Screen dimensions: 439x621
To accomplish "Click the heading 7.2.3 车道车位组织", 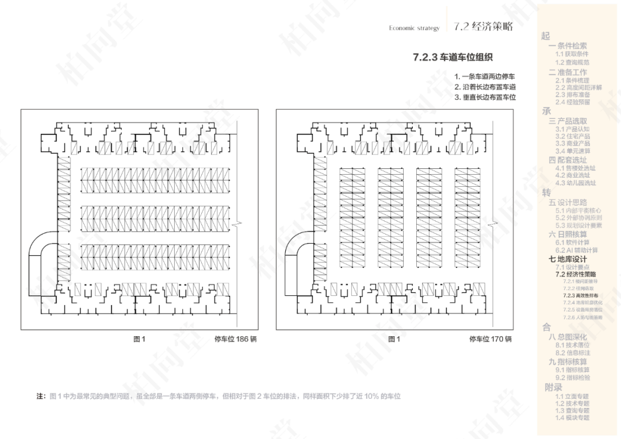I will coord(453,57).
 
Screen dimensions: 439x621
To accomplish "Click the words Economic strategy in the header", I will coord(414,28).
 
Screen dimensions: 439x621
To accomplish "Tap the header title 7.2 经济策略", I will coord(482,26).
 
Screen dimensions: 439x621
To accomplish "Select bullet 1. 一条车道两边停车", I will coord(484,76).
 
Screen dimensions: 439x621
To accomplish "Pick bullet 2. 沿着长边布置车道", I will coord(484,87).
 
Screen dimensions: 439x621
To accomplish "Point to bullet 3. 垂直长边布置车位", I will coord(484,97).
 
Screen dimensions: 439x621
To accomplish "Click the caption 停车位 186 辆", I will coord(235,339).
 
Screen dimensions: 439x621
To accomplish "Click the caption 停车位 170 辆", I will coord(490,339).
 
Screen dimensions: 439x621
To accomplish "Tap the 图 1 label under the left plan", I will coord(140,339).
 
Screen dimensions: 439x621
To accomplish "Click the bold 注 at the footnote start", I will coord(40,396).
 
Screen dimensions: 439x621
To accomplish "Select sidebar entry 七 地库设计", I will coord(568,259).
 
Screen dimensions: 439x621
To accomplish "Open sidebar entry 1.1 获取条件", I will coord(572,54).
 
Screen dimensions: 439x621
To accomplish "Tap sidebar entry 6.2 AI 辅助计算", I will coord(576,251).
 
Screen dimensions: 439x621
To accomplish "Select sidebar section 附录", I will coord(554,387).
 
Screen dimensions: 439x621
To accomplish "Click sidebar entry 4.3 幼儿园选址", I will coord(576,183).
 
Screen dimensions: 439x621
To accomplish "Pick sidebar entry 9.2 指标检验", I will coord(572,378).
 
